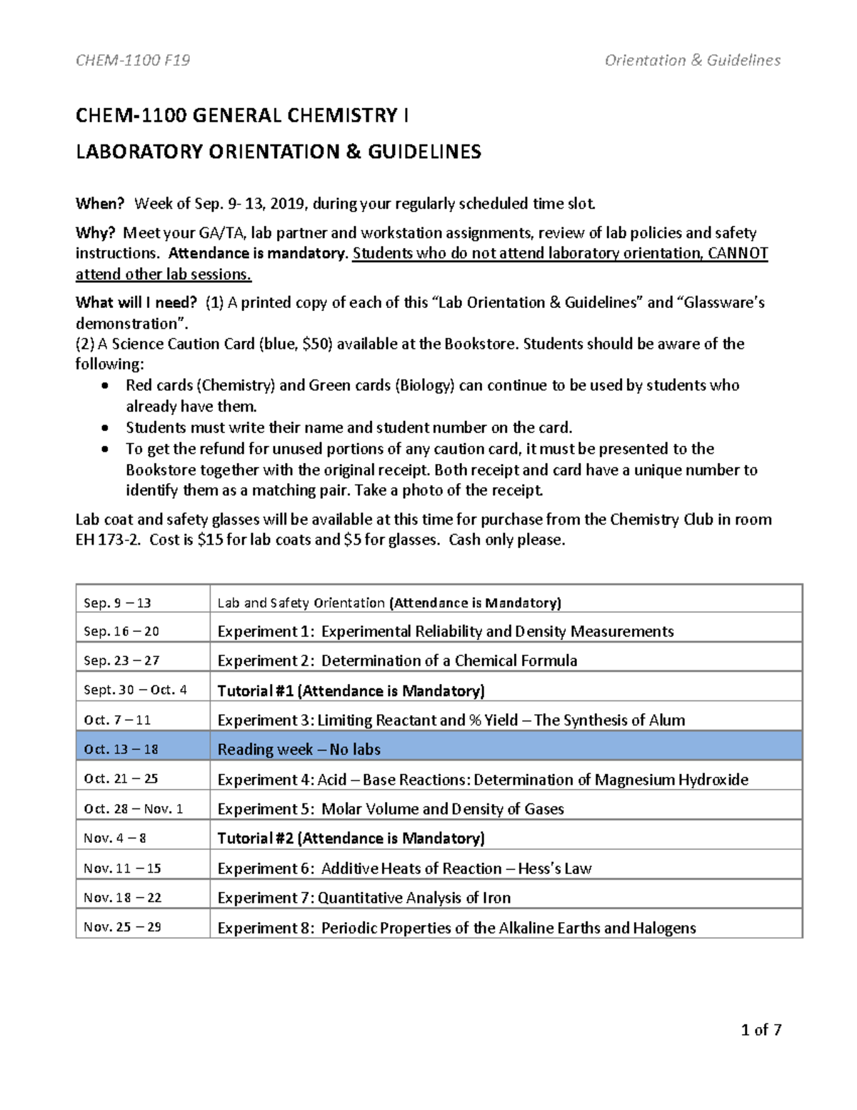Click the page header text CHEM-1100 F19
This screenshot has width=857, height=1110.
click(x=133, y=60)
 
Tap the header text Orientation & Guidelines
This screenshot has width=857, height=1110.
click(x=692, y=60)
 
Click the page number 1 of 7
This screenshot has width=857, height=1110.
click(x=761, y=1030)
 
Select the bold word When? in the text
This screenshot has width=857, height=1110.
click(x=100, y=204)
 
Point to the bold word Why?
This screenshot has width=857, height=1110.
click(x=95, y=233)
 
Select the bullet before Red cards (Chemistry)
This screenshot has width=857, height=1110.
click(x=106, y=386)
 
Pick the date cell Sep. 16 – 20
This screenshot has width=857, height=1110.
click(x=121, y=631)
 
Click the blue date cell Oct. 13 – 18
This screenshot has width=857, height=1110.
click(x=121, y=749)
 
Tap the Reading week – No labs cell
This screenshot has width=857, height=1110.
click(x=299, y=749)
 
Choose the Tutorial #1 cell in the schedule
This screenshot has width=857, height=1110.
click(x=351, y=690)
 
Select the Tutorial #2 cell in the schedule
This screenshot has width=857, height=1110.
click(x=351, y=838)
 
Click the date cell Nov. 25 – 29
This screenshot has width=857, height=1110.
click(x=122, y=927)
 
